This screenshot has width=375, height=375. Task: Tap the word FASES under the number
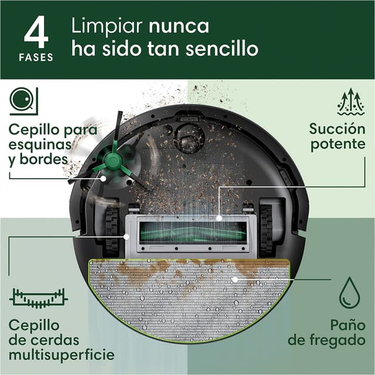click(x=36, y=57)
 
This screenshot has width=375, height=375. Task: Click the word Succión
click(x=337, y=128)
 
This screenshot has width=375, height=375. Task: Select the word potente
click(x=337, y=145)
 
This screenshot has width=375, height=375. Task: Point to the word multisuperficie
click(x=62, y=355)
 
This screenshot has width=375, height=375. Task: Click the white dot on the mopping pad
click(x=234, y=280)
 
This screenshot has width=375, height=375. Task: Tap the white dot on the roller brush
click(x=219, y=217)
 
